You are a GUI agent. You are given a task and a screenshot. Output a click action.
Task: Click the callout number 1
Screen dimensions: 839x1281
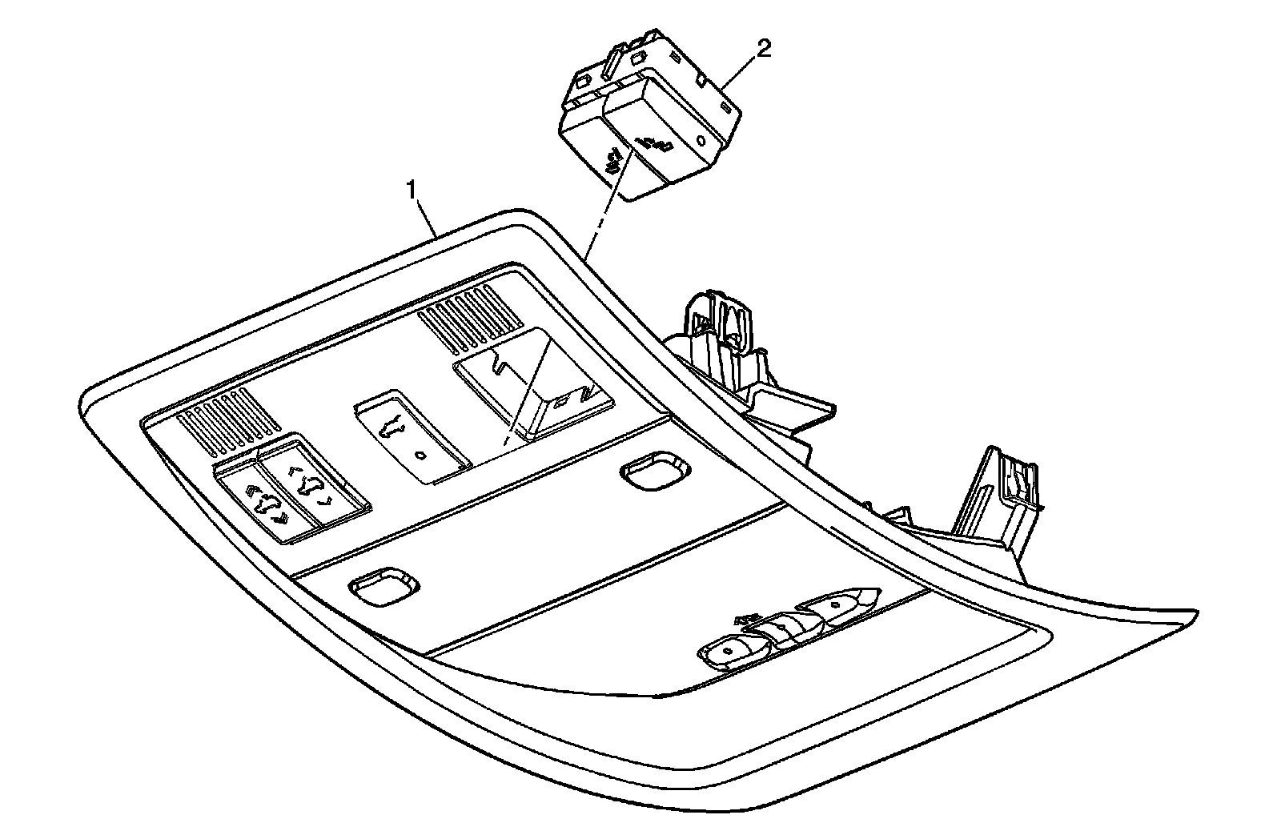412,190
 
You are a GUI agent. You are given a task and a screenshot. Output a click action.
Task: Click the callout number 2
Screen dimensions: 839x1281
764,49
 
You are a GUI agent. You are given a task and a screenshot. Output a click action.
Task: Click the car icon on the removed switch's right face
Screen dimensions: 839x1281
653,146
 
